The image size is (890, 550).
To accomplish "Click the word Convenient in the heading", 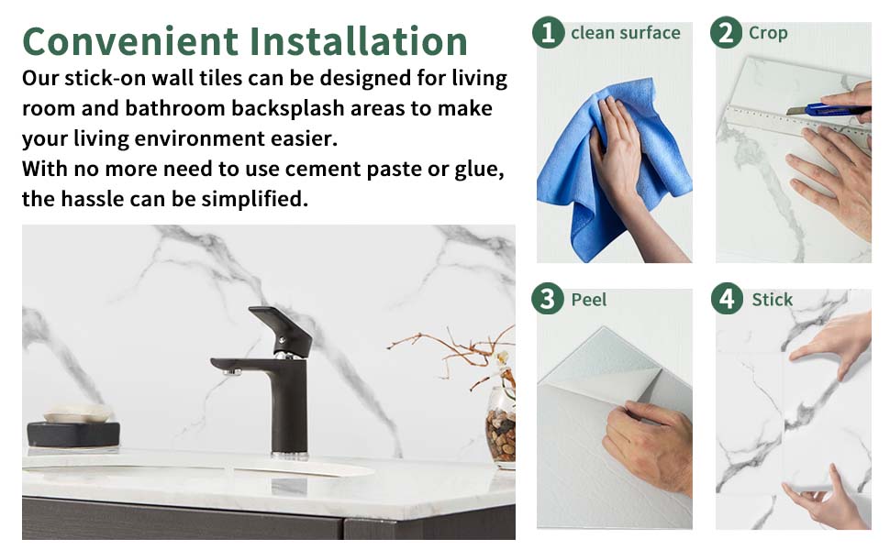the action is click(x=130, y=41).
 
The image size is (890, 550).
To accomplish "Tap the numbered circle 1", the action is click(x=548, y=32).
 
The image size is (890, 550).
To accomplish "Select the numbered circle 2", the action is click(x=726, y=32).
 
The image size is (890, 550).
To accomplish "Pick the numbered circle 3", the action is click(x=548, y=299).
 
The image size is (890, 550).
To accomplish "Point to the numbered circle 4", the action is click(x=727, y=299).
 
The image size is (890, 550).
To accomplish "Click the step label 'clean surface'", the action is click(x=626, y=33).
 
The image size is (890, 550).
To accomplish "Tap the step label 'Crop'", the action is click(x=768, y=33).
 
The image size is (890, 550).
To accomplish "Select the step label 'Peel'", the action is click(x=589, y=300).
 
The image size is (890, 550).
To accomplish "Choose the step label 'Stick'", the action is click(x=772, y=300).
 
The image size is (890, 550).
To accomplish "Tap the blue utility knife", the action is click(x=829, y=109).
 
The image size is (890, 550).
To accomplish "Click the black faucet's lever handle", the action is click(x=282, y=329).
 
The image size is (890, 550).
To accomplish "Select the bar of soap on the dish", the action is click(x=77, y=412).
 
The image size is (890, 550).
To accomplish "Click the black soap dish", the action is click(x=73, y=434).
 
